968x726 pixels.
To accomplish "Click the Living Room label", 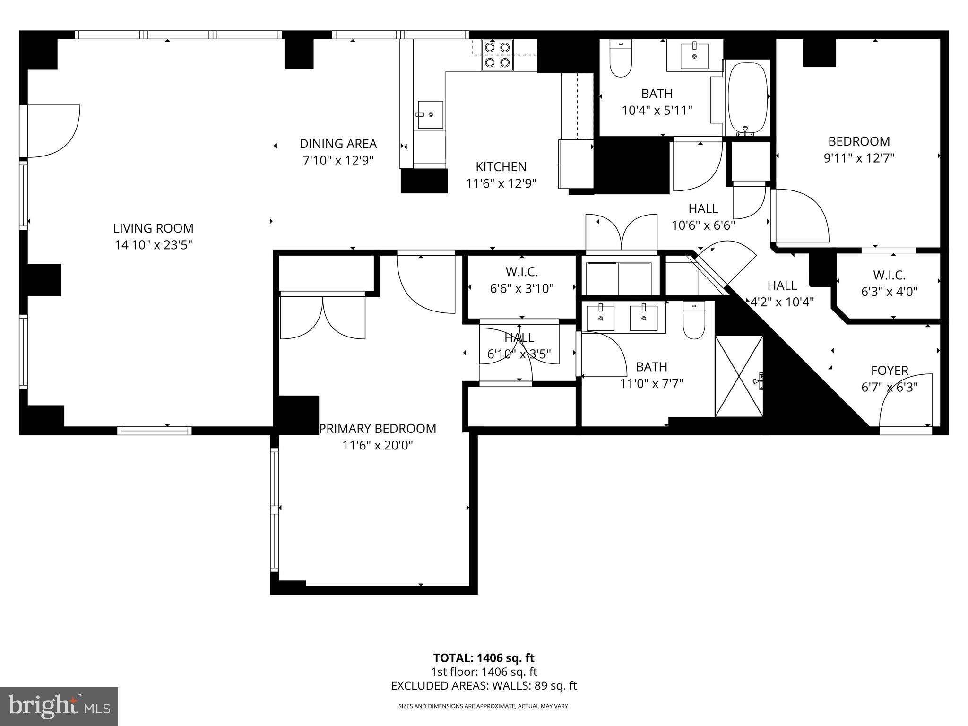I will click(153, 228).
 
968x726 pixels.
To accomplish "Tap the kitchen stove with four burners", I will click(497, 55).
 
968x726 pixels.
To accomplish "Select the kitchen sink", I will click(430, 114).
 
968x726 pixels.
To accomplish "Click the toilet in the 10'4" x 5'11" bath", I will click(621, 59).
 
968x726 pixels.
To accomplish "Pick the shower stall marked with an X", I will click(739, 376).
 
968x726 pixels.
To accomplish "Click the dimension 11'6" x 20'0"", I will click(378, 445).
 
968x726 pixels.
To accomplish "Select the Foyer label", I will click(890, 371).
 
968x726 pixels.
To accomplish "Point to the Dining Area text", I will click(338, 144).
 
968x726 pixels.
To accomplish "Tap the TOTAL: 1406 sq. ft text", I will click(484, 658).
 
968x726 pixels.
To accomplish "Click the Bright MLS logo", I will click(59, 706).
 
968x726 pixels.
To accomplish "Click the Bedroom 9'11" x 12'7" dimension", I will click(859, 158).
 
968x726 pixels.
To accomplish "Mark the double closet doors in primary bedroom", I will click(323, 316).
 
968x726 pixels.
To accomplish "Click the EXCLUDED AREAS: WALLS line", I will click(484, 686).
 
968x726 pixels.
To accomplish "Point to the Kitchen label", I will click(501, 167).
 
